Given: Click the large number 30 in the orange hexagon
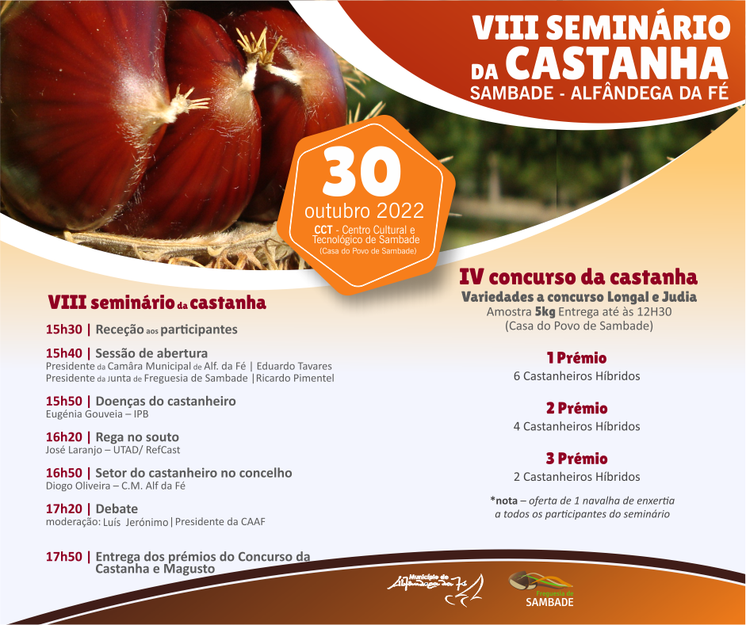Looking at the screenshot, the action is (x=362, y=172).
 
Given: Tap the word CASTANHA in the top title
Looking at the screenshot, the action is (x=617, y=63).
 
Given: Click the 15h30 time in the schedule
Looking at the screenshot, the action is (x=63, y=330).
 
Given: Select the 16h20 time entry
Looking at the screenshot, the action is (x=63, y=436).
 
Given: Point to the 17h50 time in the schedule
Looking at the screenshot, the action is (x=63, y=557).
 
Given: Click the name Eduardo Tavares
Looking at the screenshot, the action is (x=294, y=367).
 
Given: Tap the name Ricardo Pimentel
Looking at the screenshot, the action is (x=295, y=379).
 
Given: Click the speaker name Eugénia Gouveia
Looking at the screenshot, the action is (x=84, y=414).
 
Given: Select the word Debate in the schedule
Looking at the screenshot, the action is (x=117, y=509).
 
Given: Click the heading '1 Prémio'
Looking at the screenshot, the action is (x=576, y=358).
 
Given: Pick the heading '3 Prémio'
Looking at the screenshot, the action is (x=576, y=459).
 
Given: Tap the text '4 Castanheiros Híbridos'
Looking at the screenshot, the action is (x=576, y=426).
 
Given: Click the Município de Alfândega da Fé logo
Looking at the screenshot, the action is (x=436, y=589).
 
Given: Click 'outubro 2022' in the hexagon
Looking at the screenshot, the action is (x=365, y=211).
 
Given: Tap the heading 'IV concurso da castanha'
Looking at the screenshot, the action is (x=579, y=276).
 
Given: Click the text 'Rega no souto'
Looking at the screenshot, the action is (x=137, y=436).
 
